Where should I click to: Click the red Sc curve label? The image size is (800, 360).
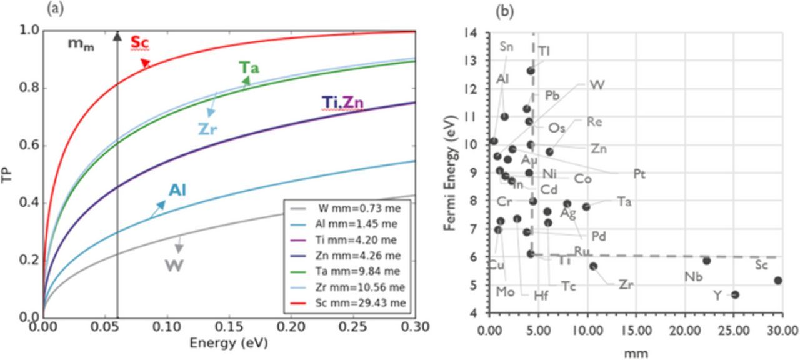click(x=140, y=43)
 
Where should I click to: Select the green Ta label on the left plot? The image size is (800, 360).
click(x=249, y=67)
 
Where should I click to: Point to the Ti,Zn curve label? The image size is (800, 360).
click(x=342, y=102)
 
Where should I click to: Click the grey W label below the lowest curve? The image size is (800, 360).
click(x=174, y=265)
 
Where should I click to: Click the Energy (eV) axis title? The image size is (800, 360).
click(x=229, y=343)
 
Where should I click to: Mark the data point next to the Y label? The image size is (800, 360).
click(x=735, y=294)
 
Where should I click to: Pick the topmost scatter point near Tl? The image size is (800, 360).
click(x=531, y=71)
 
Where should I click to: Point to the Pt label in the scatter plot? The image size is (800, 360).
click(x=639, y=174)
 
